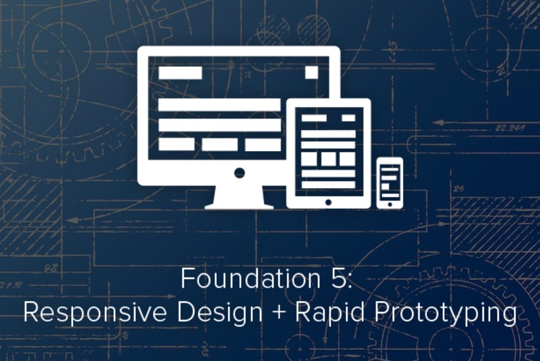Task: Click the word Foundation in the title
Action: (251, 279)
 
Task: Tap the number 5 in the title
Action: (339, 279)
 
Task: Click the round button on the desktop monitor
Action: (240, 173)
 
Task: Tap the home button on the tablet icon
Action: (328, 202)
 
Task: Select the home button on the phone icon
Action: (389, 204)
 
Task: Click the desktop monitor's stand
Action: (240, 197)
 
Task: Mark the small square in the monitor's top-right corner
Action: (312, 73)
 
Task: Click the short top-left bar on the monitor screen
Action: (180, 73)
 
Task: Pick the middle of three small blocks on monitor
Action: (220, 145)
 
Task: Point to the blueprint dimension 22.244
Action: (511, 128)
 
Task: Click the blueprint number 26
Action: (459, 188)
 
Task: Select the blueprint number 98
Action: (51, 268)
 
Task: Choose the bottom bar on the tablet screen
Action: (328, 184)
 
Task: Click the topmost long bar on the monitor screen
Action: (219, 105)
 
